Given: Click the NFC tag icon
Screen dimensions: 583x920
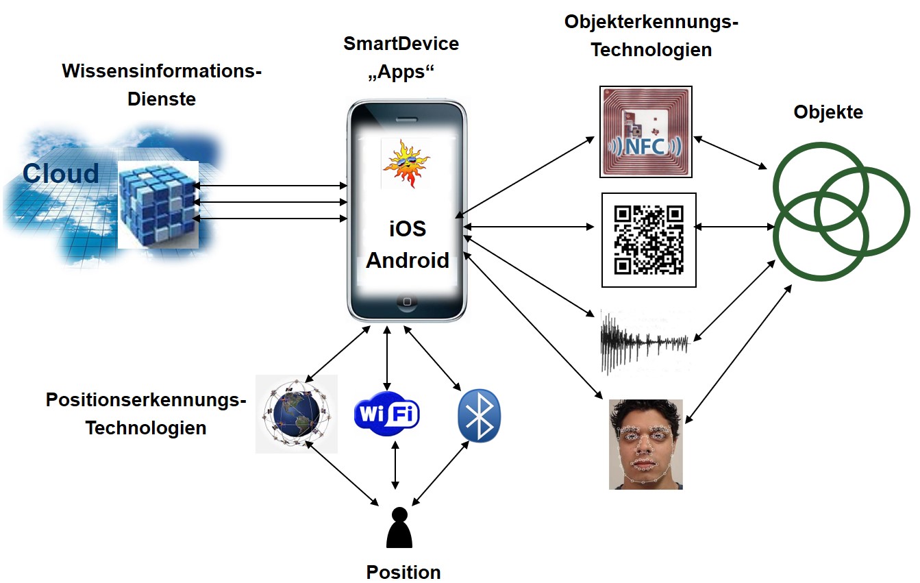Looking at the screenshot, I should point(645,131).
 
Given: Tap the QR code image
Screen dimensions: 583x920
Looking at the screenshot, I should point(649,240).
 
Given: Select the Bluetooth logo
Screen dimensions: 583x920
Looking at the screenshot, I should point(480,416).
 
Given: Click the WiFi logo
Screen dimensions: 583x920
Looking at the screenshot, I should point(387,414).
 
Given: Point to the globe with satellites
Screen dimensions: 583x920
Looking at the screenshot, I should point(296,414).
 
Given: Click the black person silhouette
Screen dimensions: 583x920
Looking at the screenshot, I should point(399,528).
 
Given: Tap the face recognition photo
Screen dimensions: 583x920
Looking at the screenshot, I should point(645,445).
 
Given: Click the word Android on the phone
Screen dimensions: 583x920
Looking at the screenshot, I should point(408,260).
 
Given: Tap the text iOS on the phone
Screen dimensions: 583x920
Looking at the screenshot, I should point(408,228).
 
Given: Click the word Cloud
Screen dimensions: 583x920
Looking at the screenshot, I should point(60,173).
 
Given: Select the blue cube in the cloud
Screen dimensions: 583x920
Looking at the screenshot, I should point(158,203).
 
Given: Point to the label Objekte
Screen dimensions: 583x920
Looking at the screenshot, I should point(828,112).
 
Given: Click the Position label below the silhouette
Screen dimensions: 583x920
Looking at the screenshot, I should point(403,572).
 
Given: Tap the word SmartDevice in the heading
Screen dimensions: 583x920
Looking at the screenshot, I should point(401,45).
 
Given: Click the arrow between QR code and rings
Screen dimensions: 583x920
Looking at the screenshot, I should point(734,226).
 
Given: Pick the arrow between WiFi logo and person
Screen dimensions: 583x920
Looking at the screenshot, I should point(395,465).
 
